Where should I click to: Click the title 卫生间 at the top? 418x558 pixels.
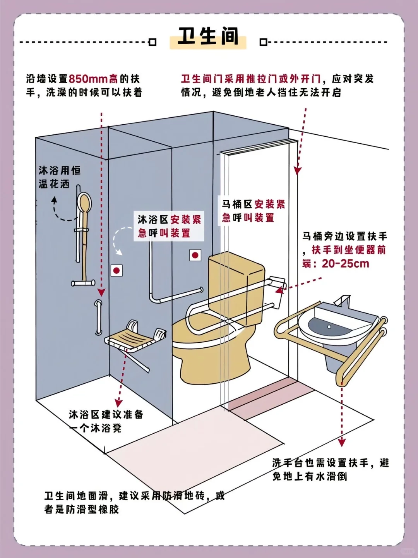click(x=208, y=36)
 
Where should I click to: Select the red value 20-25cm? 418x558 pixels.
click(x=345, y=264)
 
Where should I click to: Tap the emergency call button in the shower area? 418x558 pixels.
click(x=116, y=271)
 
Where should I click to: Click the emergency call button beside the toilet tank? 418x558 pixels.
click(x=195, y=255)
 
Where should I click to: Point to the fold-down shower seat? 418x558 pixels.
click(x=132, y=341)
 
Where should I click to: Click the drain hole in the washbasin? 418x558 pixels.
click(x=329, y=327)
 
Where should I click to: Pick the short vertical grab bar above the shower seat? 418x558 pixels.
click(x=99, y=317)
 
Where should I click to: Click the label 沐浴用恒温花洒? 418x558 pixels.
click(x=59, y=177)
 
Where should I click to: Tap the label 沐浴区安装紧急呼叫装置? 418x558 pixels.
click(x=169, y=226)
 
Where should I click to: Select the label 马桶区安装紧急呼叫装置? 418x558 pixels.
click(x=253, y=211)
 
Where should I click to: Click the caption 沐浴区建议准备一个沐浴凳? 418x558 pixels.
click(x=106, y=421)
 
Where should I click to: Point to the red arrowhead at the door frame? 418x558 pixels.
click(x=297, y=170)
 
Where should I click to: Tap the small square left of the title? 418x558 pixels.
click(x=152, y=42)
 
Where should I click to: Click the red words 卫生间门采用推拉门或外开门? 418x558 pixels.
click(x=251, y=79)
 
